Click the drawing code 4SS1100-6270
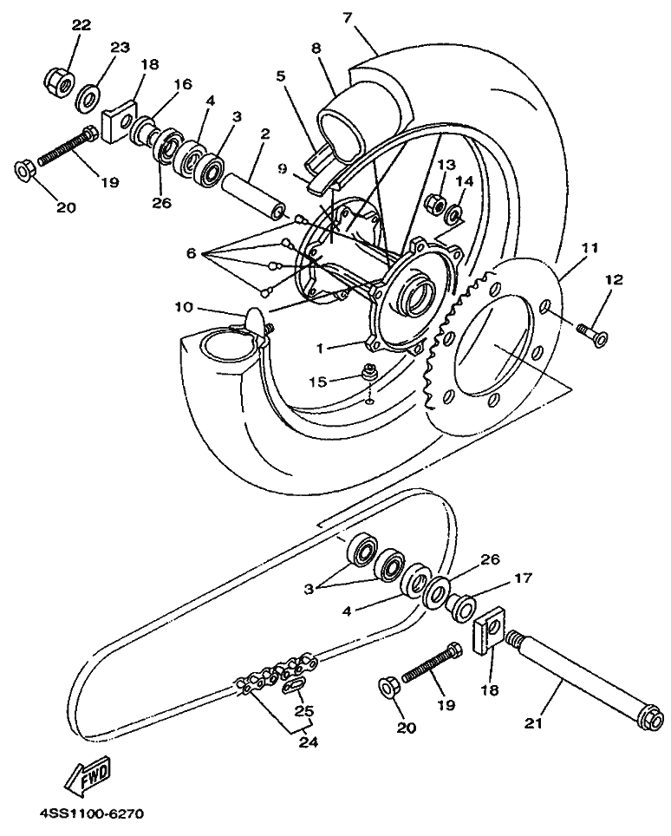[x=91, y=814]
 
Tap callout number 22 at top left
[x=81, y=24]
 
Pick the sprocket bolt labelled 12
[x=592, y=333]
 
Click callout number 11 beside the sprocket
[x=590, y=248]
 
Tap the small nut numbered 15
[x=368, y=372]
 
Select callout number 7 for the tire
[x=348, y=17]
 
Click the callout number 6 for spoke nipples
[x=192, y=253]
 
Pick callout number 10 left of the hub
[x=183, y=308]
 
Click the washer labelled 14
[x=455, y=215]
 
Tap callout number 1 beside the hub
[x=319, y=348]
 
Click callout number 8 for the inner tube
[x=316, y=49]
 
